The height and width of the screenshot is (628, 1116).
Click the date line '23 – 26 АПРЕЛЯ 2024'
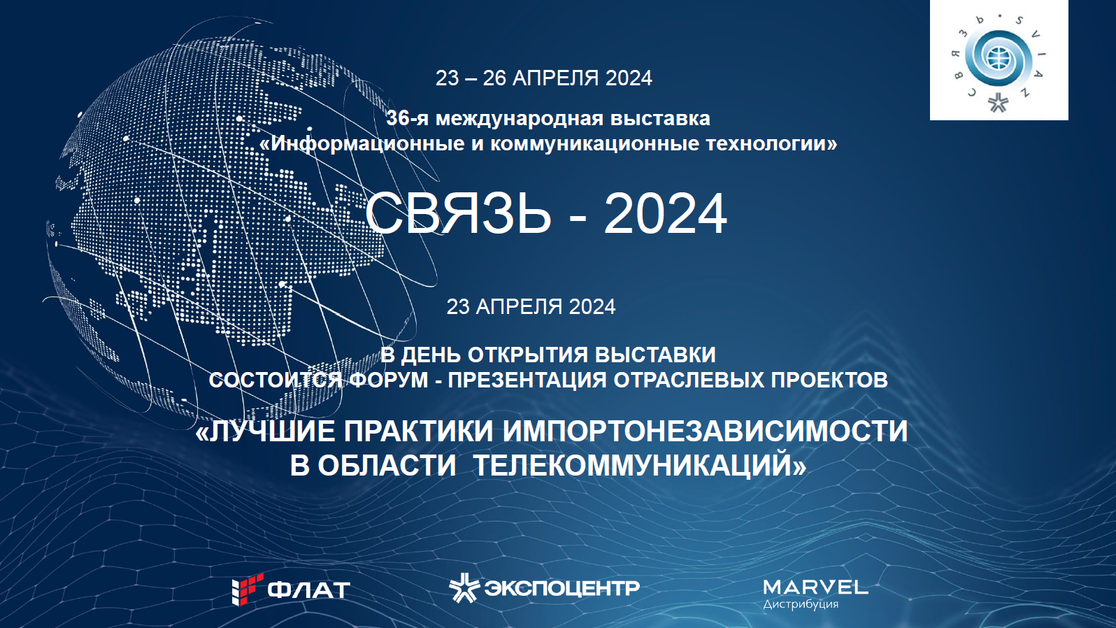pos(543,78)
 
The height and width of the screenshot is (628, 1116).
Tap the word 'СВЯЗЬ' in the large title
pos(458,214)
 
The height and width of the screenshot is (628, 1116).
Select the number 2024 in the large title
pos(665,214)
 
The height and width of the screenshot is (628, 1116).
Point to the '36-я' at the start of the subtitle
pos(408,119)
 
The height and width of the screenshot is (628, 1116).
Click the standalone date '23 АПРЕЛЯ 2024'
pos(531,306)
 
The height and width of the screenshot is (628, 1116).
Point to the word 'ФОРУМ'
pos(389,380)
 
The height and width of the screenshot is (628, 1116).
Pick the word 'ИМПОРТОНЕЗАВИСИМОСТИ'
pos(705,431)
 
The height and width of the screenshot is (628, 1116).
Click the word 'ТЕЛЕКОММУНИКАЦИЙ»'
pos(639,466)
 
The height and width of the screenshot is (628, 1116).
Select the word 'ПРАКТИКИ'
pos(418,431)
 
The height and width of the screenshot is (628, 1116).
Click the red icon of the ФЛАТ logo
pos(248,589)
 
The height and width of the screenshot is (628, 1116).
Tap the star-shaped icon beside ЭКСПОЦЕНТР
pos(464,587)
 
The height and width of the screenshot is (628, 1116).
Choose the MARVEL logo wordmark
pos(815,587)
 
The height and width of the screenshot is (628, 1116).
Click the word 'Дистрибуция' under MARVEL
pos(800,604)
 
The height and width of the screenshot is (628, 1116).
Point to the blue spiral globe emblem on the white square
pos(998,55)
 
